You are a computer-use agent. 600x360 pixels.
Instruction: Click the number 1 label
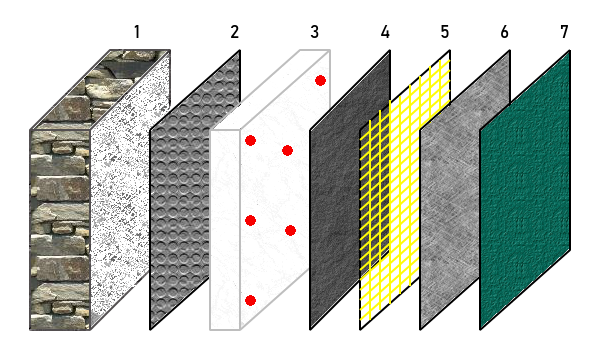(x=137, y=32)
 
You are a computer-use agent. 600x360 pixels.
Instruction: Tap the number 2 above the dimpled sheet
(x=235, y=32)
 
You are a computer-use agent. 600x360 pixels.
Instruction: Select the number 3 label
(x=315, y=32)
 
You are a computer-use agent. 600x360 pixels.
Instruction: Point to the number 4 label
(x=385, y=32)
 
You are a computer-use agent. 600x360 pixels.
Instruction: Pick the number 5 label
(x=445, y=32)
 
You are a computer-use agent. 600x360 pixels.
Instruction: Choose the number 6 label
(x=505, y=32)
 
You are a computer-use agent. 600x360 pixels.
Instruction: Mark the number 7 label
(x=564, y=32)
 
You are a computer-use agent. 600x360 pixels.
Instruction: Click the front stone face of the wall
(x=60, y=230)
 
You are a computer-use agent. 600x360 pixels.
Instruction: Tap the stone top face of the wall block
(x=100, y=89)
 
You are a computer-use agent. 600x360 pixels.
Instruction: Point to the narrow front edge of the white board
(x=225, y=230)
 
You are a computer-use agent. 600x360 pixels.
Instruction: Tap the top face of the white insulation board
(x=270, y=90)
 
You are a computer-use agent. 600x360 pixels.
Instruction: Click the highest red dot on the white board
(x=320, y=80)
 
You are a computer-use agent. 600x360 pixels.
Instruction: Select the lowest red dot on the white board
(x=250, y=301)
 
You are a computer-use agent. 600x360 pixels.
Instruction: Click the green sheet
(x=525, y=189)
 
